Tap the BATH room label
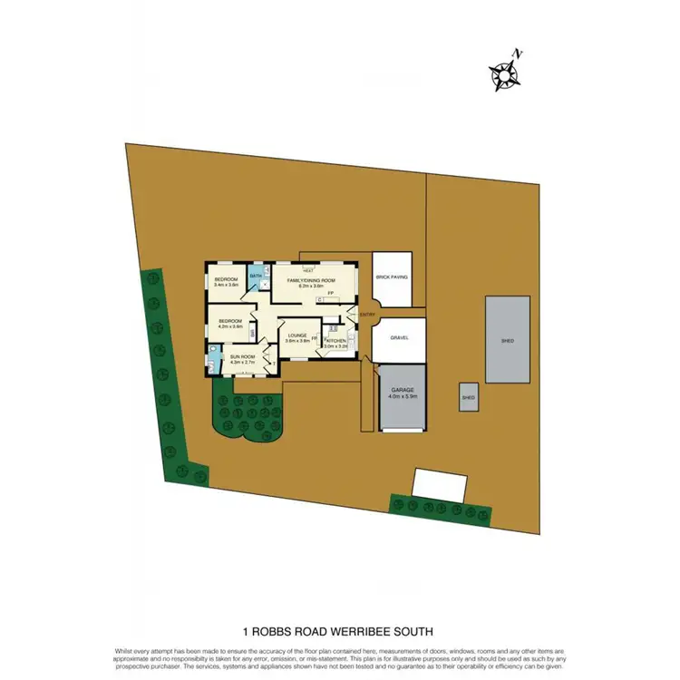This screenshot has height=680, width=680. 256,275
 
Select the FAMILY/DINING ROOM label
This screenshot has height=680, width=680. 310,281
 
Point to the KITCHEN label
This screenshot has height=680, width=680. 336,340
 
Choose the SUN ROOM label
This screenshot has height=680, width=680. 241,357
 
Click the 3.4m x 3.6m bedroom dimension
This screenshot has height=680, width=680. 226,286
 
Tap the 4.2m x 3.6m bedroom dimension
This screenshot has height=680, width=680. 229,326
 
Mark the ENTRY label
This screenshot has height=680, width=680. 367,314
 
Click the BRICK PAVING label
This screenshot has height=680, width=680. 392,277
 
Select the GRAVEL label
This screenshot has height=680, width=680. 400,337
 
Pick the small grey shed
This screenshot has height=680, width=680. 469,397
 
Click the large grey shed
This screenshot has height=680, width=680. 508,340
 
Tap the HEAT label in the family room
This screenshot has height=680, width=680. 308,271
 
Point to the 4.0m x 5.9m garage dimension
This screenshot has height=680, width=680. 401,397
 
